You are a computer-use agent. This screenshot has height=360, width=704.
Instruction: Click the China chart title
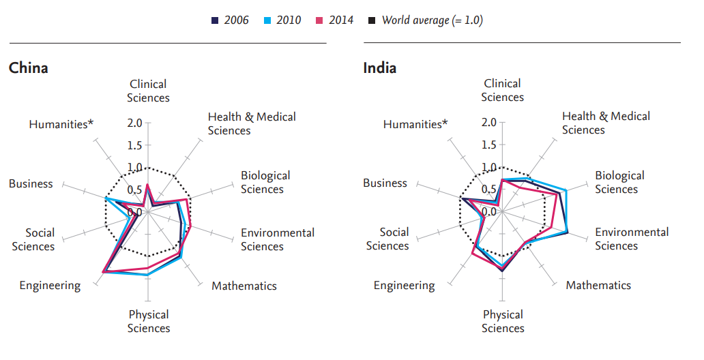pyautogui.click(x=28, y=68)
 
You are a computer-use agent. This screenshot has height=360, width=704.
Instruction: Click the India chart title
pyautogui.click(x=380, y=68)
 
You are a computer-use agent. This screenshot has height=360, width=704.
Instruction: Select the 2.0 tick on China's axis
pyautogui.click(x=134, y=123)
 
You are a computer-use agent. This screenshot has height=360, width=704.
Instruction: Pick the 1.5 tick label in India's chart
pyautogui.click(x=488, y=145)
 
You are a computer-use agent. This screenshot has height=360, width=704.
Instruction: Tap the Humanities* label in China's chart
pyautogui.click(x=61, y=124)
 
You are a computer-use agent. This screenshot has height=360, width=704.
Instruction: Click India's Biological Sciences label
pyautogui.click(x=619, y=182)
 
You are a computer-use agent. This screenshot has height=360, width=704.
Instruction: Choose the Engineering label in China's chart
pyautogui.click(x=50, y=286)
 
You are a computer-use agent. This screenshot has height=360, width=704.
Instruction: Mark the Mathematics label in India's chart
pyautogui.click(x=598, y=285)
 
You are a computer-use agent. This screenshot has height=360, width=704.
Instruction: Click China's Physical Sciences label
pyautogui.click(x=149, y=321)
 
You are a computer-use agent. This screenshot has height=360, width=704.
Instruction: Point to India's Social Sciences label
pyautogui.click(x=394, y=239)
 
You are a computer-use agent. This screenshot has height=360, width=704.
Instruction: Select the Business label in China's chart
pyautogui.click(x=31, y=183)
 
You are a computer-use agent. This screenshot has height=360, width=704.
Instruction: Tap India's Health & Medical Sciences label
pyautogui.click(x=606, y=123)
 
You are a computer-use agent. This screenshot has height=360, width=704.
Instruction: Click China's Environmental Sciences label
pyautogui.click(x=277, y=239)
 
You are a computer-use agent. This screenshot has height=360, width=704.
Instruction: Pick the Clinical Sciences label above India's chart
pyautogui.click(x=503, y=90)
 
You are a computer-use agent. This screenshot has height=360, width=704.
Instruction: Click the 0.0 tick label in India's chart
pyautogui.click(x=488, y=212)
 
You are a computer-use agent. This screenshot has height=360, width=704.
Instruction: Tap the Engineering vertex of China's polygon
pyautogui.click(x=102, y=273)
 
